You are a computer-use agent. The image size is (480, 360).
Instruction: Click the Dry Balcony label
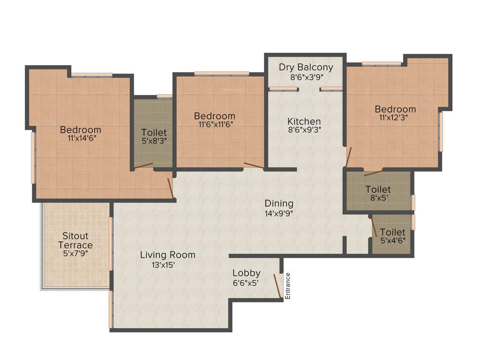point(306,67)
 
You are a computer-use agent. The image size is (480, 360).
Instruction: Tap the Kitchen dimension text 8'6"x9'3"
point(304,130)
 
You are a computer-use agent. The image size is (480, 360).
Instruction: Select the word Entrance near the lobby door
point(288,286)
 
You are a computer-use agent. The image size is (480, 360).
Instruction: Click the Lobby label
point(247,273)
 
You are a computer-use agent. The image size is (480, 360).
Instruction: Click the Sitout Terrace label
point(75,240)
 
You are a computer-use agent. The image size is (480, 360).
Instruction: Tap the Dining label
point(279,203)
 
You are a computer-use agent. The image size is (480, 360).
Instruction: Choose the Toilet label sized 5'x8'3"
point(153,133)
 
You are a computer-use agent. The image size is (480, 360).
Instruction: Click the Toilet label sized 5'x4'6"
point(393,232)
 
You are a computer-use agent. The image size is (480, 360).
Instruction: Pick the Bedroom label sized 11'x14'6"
point(80,130)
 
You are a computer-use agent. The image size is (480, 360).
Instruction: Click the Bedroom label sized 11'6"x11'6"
point(215,116)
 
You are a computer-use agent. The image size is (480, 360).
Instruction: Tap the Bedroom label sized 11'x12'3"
point(395,109)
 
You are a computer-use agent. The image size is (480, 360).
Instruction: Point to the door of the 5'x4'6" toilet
point(374,227)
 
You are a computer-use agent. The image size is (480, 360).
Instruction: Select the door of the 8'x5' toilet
point(374,172)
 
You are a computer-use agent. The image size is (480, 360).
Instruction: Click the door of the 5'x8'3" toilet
point(143,165)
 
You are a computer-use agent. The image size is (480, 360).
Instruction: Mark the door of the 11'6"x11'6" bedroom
point(254,165)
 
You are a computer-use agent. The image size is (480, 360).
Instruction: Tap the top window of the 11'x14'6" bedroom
point(91,75)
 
